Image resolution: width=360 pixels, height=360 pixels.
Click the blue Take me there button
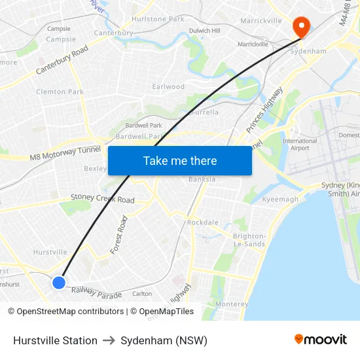point(180,160)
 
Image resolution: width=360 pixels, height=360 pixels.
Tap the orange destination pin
point(301,27)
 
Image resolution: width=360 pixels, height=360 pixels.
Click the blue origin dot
point(59,282)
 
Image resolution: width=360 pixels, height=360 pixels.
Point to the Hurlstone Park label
point(158,19)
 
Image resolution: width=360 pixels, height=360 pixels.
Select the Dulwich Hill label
point(204,30)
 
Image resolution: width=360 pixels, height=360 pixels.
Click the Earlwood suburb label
point(168,86)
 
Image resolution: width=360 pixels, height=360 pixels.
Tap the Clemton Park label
point(60,92)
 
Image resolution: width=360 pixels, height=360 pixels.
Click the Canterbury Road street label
point(62,60)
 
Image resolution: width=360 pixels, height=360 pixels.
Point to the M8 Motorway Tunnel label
point(65,154)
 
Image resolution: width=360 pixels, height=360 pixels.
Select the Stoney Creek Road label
point(102,198)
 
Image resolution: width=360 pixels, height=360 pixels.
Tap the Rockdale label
point(203,223)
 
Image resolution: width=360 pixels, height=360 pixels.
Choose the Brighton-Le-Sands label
point(249,240)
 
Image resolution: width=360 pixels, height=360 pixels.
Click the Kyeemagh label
point(280,199)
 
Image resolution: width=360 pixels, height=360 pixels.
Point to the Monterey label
point(232,304)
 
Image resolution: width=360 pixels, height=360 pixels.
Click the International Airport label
point(300,144)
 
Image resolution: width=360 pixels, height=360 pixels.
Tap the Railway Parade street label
point(97,293)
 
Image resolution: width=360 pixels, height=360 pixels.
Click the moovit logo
point(321,339)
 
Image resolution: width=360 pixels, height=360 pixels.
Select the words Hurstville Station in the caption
point(55,340)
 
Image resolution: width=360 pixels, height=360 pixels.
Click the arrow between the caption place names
point(109,340)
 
